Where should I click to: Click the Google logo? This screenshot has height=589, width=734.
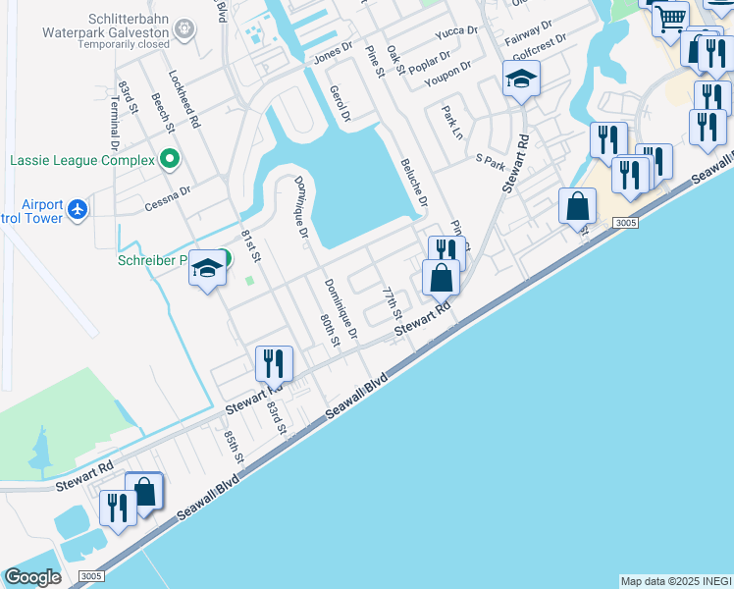32,577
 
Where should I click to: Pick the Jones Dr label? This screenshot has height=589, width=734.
333,56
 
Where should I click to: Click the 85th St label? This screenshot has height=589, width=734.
234,447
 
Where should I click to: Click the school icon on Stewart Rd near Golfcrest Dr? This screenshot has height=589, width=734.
521,80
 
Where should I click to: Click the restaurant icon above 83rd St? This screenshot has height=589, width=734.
273,363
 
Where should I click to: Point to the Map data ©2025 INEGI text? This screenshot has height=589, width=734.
676,581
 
